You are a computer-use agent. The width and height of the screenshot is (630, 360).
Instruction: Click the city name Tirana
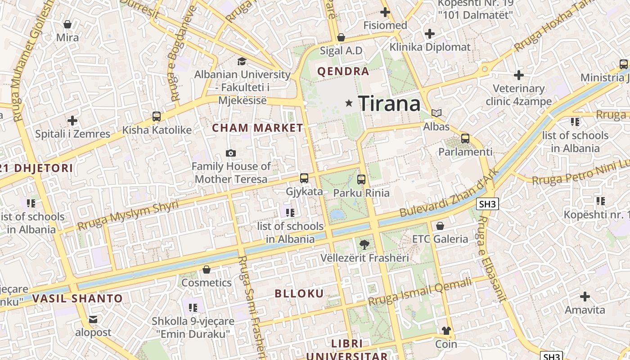(389, 104)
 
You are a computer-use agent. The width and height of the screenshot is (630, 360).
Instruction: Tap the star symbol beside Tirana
(349, 103)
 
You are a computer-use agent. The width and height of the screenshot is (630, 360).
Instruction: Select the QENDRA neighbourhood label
(343, 71)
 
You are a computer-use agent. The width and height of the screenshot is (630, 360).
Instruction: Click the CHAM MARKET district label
(257, 128)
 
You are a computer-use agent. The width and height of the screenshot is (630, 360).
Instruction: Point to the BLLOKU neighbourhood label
(299, 294)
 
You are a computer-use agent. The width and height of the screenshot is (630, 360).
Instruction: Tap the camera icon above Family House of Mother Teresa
(231, 153)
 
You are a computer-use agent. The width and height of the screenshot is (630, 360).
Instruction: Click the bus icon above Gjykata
(304, 178)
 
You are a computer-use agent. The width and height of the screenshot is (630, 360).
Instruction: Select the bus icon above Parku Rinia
(361, 180)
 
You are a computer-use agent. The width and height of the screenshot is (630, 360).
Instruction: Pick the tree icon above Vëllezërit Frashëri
(364, 245)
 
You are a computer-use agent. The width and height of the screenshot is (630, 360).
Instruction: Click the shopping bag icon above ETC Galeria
(440, 225)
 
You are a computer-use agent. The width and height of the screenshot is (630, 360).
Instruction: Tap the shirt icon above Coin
(446, 331)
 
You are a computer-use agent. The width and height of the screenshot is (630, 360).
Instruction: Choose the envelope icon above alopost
(93, 319)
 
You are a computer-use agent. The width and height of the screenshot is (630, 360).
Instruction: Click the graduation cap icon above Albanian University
(242, 61)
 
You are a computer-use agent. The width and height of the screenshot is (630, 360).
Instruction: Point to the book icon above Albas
(436, 113)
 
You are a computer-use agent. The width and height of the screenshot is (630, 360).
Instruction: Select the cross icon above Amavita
(585, 297)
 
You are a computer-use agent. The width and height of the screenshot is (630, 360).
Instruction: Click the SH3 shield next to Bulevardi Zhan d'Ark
(487, 204)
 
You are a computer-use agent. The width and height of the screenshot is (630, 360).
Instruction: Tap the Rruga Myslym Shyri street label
(128, 215)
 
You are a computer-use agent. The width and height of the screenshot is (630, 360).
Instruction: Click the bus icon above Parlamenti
(465, 139)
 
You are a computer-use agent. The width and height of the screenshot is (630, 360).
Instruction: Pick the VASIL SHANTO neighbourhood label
(77, 298)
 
